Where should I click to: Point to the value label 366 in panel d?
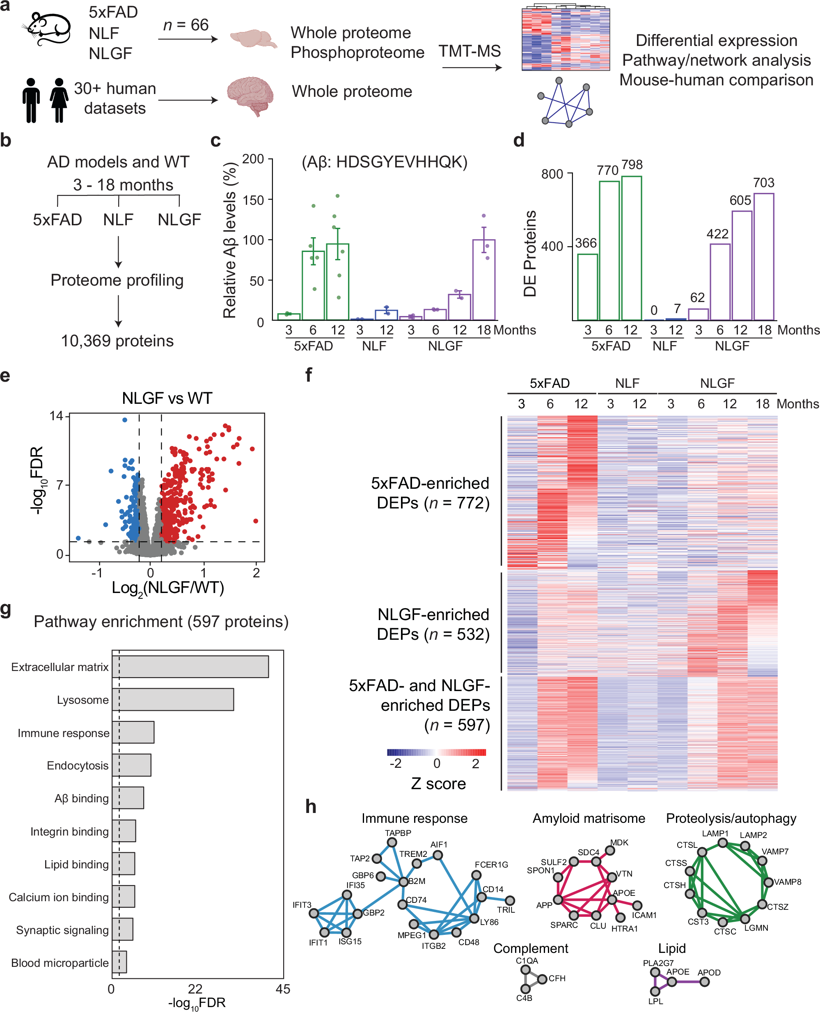pos(586,243)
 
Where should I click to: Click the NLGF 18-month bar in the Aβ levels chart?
pos(484,279)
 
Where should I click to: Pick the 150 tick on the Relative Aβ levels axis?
pos(253,200)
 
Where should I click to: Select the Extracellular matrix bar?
pos(190,666)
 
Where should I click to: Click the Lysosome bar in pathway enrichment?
pos(172,699)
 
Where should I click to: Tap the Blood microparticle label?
pos(60,962)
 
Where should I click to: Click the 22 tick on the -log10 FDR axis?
pos(195,989)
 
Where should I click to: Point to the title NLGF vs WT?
pos(167,398)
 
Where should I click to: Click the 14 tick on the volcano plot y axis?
pos(56,416)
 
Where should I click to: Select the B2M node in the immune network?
pos(403,881)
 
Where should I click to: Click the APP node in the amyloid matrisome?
pos(558,900)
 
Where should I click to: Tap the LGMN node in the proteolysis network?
pos(745,918)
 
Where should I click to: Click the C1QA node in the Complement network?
pos(525,970)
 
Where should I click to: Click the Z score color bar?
pos(436,752)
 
